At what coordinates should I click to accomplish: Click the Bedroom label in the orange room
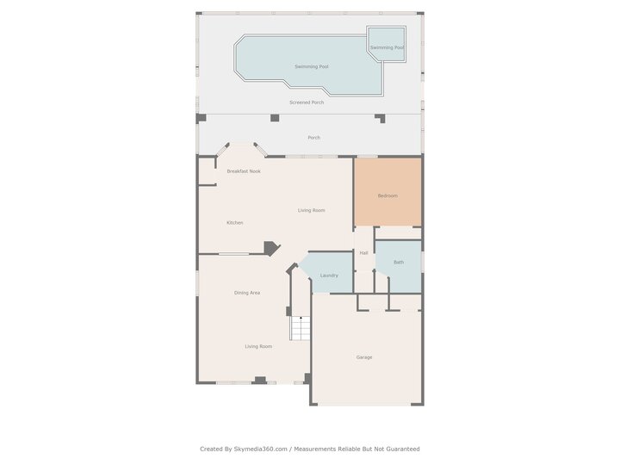[387, 195]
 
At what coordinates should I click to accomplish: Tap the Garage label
[364, 357]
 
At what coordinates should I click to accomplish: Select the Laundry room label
[329, 276]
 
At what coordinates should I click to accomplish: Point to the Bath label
[399, 262]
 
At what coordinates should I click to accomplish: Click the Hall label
[364, 252]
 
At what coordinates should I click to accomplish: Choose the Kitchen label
[234, 223]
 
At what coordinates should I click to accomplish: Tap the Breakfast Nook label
[244, 171]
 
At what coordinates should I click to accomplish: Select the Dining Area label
[247, 293]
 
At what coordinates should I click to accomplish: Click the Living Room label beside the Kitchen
[312, 210]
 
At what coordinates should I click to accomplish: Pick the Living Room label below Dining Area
[258, 346]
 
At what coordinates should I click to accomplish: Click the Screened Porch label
[307, 102]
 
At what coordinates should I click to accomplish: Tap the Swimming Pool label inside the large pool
[312, 66]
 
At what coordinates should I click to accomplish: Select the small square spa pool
[387, 43]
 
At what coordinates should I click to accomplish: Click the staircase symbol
[299, 328]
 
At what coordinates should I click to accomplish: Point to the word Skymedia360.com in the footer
[261, 449]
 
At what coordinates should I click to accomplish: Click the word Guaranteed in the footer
[401, 449]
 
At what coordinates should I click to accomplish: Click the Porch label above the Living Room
[314, 138]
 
